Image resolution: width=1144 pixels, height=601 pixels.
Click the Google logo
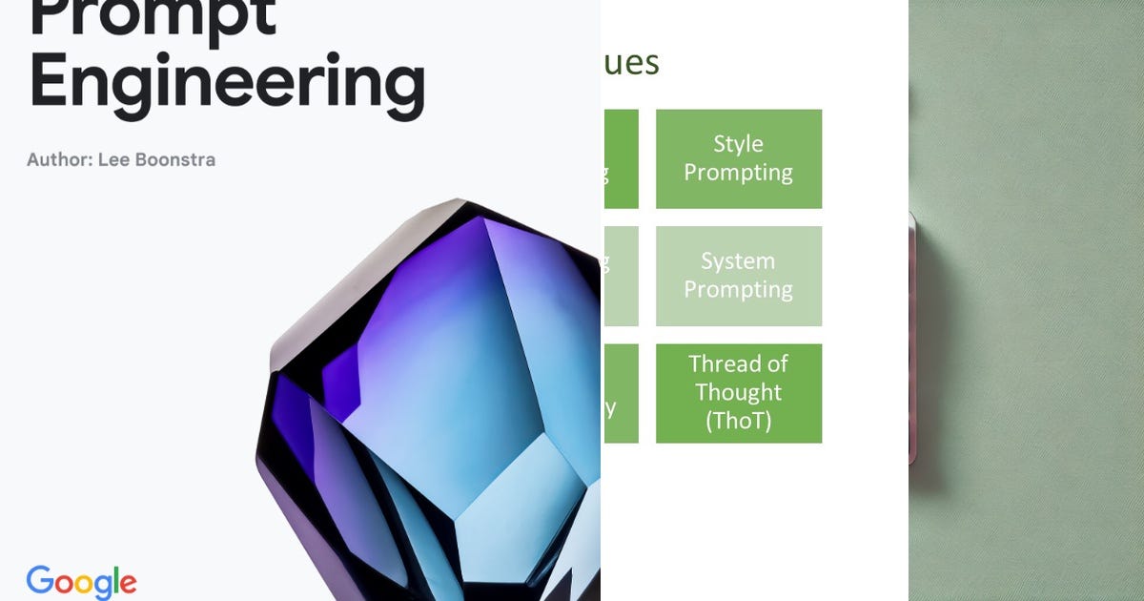tap(81, 582)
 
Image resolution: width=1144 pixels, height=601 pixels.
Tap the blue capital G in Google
tap(40, 581)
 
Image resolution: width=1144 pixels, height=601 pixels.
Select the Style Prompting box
tap(739, 158)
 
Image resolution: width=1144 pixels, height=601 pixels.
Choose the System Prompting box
tap(739, 276)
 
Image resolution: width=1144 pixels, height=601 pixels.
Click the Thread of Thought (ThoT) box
tap(739, 393)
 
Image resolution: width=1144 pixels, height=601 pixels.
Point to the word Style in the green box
tap(739, 144)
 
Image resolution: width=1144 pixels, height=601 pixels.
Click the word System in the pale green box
tap(739, 261)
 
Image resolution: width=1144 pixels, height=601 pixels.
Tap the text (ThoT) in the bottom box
tap(739, 421)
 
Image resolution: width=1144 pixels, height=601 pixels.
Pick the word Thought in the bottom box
tap(739, 392)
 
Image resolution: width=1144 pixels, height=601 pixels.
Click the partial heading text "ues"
tap(630, 64)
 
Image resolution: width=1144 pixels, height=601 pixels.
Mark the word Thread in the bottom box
tap(739, 364)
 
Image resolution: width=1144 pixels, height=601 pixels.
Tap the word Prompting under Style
tap(739, 173)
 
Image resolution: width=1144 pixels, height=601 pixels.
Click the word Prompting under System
tap(739, 289)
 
